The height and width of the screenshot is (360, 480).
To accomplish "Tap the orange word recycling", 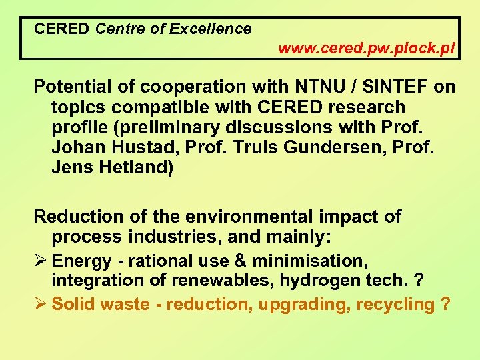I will point(395,305).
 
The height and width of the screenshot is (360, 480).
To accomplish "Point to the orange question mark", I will point(445,305).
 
